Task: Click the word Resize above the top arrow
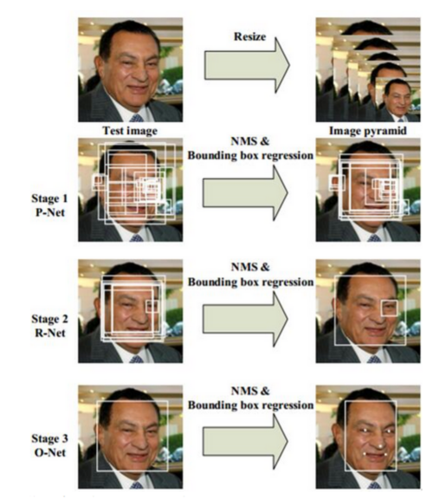click(249, 36)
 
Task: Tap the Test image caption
click(130, 131)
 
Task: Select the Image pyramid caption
click(368, 131)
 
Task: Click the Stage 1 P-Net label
click(49, 205)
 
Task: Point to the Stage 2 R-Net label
click(49, 325)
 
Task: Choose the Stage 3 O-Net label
click(49, 445)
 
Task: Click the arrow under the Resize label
click(247, 65)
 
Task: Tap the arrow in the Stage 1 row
click(245, 193)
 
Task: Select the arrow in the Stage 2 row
click(245, 319)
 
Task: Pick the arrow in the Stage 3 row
click(245, 442)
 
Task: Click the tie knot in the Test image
click(137, 118)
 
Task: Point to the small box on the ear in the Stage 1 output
click(337, 183)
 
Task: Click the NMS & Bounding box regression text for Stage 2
click(250, 275)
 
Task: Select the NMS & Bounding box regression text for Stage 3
click(250, 398)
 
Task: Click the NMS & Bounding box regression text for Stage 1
click(250, 148)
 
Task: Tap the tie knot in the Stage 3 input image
click(137, 485)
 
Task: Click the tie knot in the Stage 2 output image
click(374, 360)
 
